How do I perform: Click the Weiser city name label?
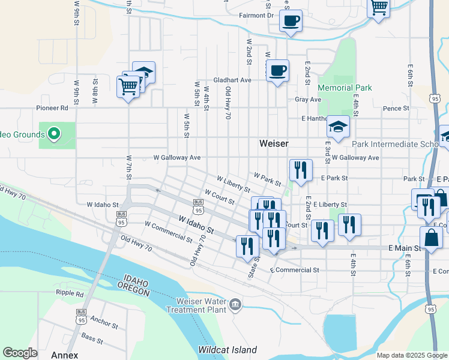(274, 143)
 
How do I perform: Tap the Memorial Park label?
(345, 88)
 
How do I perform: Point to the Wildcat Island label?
(228, 350)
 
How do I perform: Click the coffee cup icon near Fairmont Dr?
(291, 21)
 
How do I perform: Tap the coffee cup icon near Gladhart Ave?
(277, 71)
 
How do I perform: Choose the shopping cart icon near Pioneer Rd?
(128, 86)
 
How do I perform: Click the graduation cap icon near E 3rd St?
(339, 127)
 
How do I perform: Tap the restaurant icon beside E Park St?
(301, 170)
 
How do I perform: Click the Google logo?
(20, 353)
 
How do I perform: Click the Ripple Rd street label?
(70, 293)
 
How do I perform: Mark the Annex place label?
(64, 355)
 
